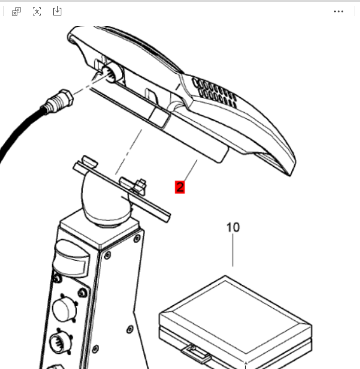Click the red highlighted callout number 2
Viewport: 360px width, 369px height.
180,187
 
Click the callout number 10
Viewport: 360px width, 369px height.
233,227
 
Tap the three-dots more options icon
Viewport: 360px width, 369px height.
338,11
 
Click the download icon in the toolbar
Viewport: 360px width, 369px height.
57,11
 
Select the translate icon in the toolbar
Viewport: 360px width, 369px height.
16,11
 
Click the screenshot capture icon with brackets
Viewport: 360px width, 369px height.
37,11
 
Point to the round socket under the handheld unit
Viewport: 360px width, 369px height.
111,72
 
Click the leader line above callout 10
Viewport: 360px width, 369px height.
233,250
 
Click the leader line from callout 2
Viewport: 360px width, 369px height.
191,170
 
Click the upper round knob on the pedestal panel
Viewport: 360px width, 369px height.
64,308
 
